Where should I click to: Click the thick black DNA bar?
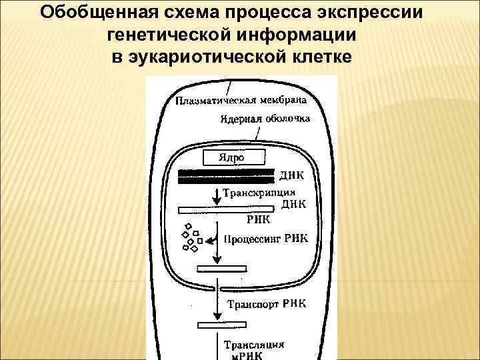(226, 176)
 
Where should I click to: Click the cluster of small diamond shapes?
(191, 236)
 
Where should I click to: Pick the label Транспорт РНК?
(267, 305)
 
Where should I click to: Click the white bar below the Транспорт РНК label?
(223, 325)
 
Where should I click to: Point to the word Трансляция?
(253, 345)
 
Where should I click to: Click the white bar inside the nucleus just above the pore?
(223, 269)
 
